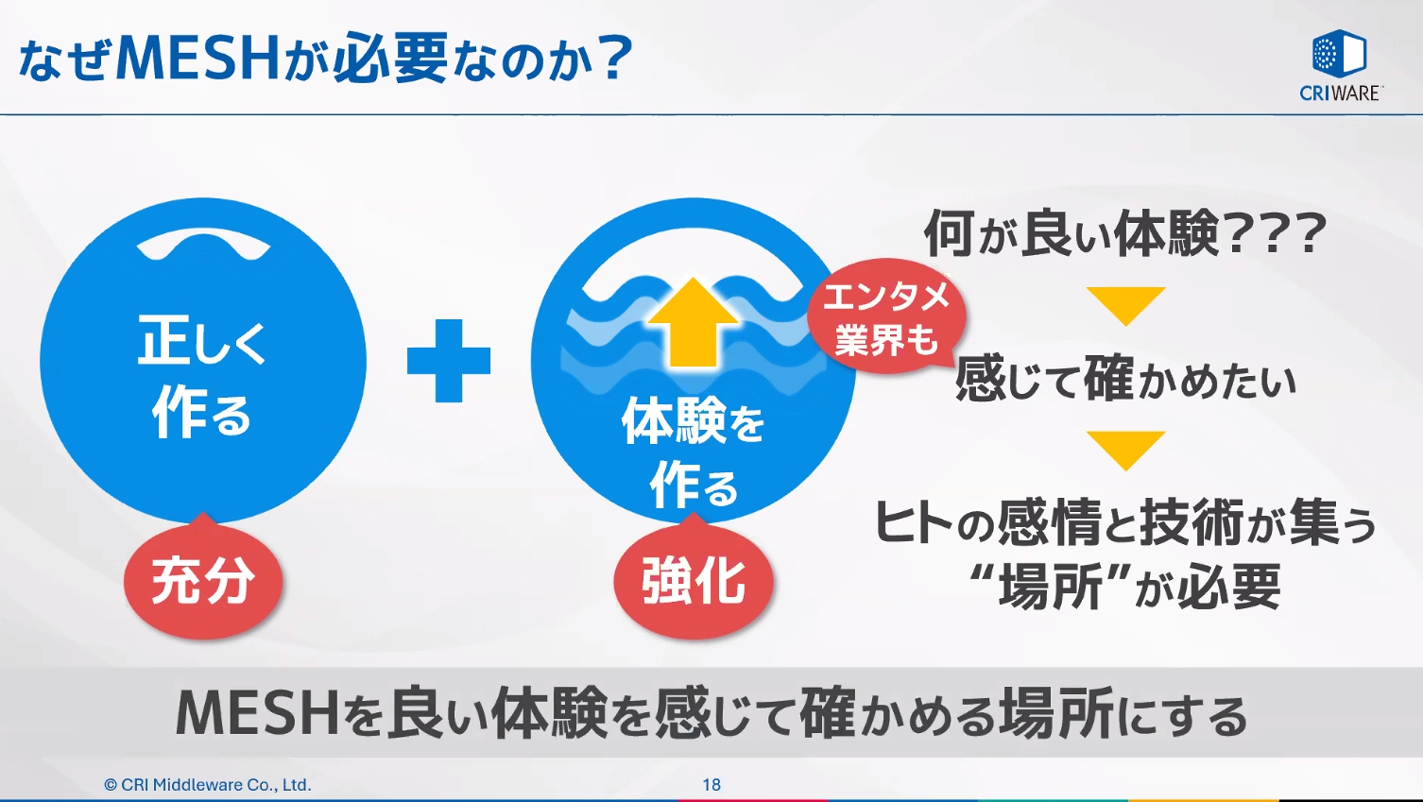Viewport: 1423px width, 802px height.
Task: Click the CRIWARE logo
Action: click(1340, 65)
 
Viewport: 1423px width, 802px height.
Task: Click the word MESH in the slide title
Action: click(197, 59)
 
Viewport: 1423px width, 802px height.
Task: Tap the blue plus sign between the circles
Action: click(449, 361)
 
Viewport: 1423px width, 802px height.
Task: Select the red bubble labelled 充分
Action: click(203, 580)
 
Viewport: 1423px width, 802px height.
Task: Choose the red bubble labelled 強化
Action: click(694, 580)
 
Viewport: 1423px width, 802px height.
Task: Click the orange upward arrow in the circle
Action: click(694, 321)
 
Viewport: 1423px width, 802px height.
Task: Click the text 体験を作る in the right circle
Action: click(694, 452)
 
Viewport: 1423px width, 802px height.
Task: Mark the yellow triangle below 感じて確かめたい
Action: click(1125, 449)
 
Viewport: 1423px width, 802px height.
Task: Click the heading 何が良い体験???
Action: click(1124, 233)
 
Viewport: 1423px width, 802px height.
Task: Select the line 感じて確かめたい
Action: click(1124, 380)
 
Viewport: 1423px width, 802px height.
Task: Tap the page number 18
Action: click(711, 784)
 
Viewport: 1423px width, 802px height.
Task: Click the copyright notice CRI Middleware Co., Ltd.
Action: click(208, 784)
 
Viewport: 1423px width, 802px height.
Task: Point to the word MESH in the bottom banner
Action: click(257, 714)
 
